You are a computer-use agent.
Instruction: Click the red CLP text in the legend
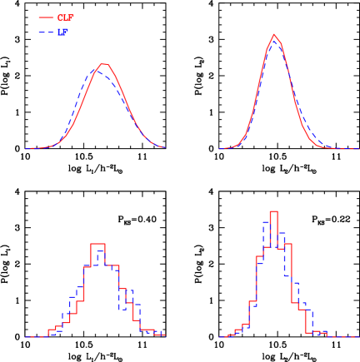point(66,17)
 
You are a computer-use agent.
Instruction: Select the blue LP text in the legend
point(62,32)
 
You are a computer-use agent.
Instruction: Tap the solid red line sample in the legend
point(46,17)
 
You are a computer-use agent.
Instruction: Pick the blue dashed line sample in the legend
point(46,32)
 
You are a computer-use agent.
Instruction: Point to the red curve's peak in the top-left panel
point(103,64)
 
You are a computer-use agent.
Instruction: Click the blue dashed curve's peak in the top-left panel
point(97,71)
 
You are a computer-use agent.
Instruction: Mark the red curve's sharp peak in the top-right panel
point(273,34)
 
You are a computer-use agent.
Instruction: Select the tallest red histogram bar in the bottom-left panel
point(97,244)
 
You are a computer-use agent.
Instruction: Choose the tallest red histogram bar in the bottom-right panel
point(273,212)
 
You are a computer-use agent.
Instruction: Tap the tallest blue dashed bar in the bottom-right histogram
point(267,221)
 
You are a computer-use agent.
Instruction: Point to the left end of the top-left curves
point(25,149)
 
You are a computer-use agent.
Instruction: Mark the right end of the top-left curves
point(165,149)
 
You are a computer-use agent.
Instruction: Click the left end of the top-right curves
point(219,149)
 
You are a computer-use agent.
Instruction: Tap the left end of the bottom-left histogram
point(25,336)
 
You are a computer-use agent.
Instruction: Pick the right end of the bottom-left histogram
point(165,336)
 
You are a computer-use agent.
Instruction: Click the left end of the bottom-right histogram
point(219,336)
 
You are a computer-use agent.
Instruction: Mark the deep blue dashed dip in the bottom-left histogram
point(122,310)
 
